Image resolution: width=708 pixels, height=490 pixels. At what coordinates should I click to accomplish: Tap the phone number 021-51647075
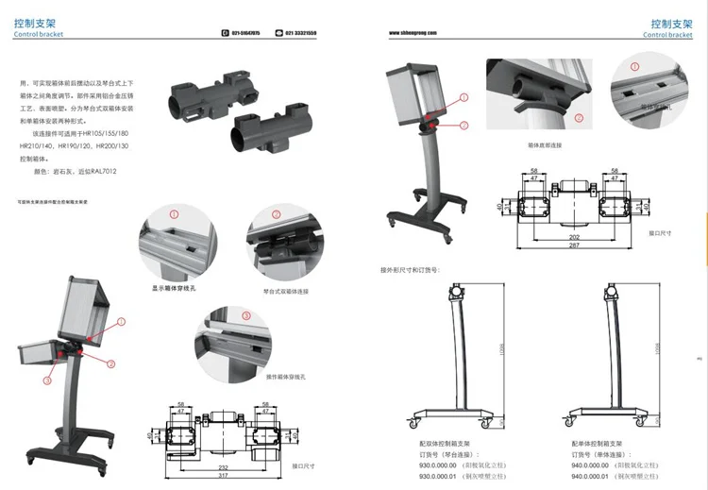pos(244,33)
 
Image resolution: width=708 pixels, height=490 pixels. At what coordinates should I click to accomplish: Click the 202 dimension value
pos(575,238)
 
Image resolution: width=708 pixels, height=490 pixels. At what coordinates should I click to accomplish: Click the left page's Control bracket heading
pos(38,35)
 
